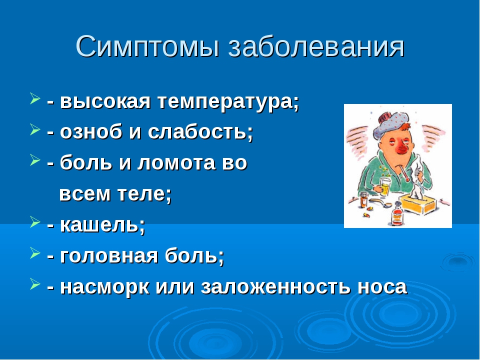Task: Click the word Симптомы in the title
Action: pyautogui.click(x=147, y=46)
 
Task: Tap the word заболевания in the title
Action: pyautogui.click(x=316, y=46)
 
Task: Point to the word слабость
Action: pyautogui.click(x=200, y=132)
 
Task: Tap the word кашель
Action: pyautogui.click(x=102, y=225)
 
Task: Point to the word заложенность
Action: pyautogui.click(x=275, y=287)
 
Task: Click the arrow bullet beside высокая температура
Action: pyautogui.click(x=35, y=99)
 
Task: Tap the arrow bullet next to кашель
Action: pyautogui.click(x=35, y=222)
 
